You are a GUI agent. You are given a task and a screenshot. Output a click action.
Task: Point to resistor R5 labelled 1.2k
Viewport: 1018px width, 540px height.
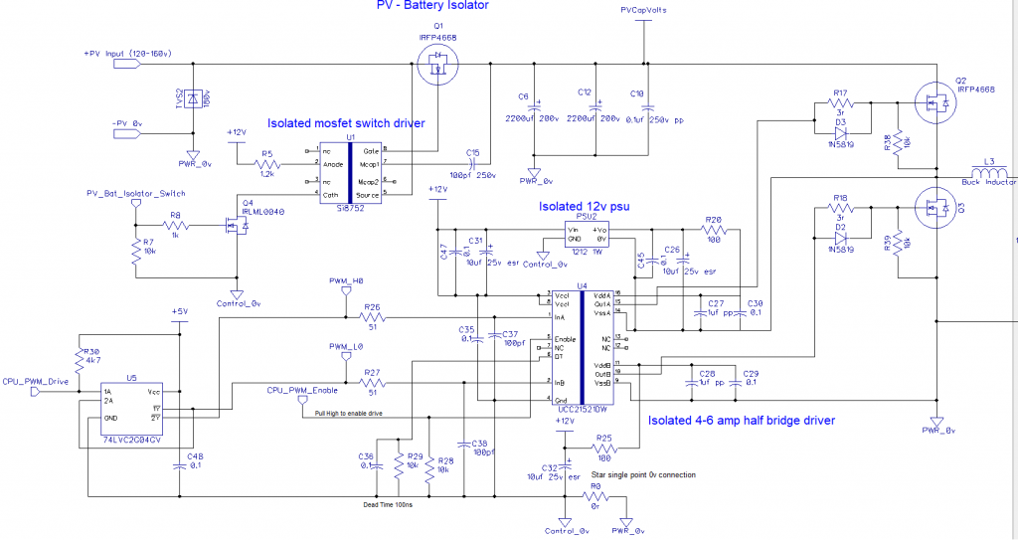tap(266, 163)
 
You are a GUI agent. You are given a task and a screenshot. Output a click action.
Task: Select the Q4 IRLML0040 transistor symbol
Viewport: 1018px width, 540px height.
tap(235, 228)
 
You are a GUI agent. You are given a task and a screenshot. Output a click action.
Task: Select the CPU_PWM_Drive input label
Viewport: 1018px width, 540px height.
tap(36, 380)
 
